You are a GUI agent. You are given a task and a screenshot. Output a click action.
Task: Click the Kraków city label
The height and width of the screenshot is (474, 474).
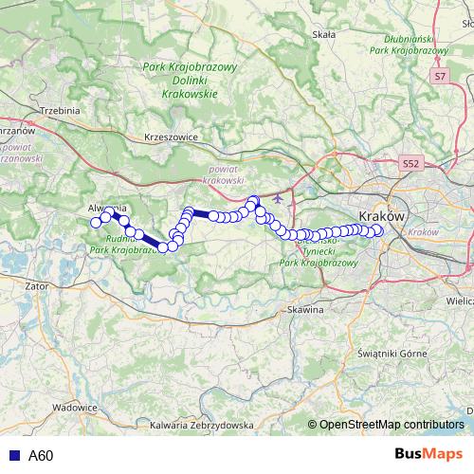coord(383,217)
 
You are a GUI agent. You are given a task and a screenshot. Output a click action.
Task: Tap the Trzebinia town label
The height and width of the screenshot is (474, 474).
coord(58,111)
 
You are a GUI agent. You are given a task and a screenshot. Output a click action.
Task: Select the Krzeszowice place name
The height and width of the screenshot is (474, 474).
coord(170,137)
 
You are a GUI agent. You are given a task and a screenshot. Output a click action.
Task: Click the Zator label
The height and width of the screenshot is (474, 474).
coord(38,283)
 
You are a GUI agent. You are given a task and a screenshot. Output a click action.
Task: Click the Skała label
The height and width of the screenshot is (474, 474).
coord(324,34)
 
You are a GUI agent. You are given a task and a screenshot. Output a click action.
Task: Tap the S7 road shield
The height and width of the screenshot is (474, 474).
coord(440,75)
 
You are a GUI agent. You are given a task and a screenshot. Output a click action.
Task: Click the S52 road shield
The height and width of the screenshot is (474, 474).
coord(410,163)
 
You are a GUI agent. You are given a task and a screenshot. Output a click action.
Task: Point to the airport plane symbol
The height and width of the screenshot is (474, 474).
coord(277,199)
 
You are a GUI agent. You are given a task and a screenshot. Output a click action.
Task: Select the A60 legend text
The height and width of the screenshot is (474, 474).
coord(41,456)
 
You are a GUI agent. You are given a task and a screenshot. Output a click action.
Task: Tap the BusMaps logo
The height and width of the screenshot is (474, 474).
coord(428,455)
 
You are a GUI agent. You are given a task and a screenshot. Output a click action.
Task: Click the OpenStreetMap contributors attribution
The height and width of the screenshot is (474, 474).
coord(392,425)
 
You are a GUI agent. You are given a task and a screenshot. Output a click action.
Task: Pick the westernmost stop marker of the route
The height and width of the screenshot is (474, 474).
coord(95,222)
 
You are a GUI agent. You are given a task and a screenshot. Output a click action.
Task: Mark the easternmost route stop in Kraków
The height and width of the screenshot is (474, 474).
coord(377,230)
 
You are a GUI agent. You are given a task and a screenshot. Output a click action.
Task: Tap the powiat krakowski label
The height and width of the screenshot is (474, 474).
coord(225,173)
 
